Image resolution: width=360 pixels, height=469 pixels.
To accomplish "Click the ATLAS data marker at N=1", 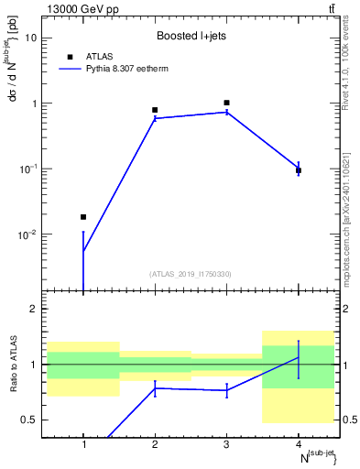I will [83, 217].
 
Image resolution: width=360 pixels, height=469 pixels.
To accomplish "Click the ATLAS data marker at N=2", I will [155, 110].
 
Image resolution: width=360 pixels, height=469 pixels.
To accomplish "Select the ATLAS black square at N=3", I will [226, 103].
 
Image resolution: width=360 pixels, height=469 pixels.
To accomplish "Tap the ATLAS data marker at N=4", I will [299, 170].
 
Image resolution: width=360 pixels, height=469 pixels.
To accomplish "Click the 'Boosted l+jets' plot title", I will [191, 36].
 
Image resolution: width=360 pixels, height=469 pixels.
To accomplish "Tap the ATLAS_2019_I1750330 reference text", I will [191, 274].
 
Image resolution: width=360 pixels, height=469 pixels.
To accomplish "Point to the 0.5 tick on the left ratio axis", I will [33, 420].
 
